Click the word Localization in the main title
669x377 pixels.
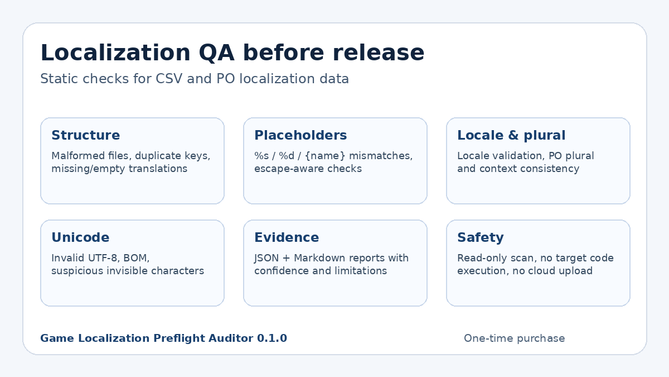tap(115, 53)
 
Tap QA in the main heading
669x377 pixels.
tap(216, 53)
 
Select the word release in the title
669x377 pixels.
tap(378, 53)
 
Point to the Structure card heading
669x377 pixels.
tap(86, 135)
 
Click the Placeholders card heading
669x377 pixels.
tap(300, 135)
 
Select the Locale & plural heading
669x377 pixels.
tap(511, 135)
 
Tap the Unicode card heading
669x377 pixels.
tap(80, 237)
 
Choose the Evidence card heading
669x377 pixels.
tap(287, 237)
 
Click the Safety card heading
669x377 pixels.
tap(481, 238)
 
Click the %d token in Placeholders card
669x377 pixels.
tap(287, 156)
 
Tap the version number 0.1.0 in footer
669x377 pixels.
tap(272, 338)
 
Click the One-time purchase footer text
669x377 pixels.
tap(514, 338)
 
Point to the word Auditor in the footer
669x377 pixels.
tap(231, 338)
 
